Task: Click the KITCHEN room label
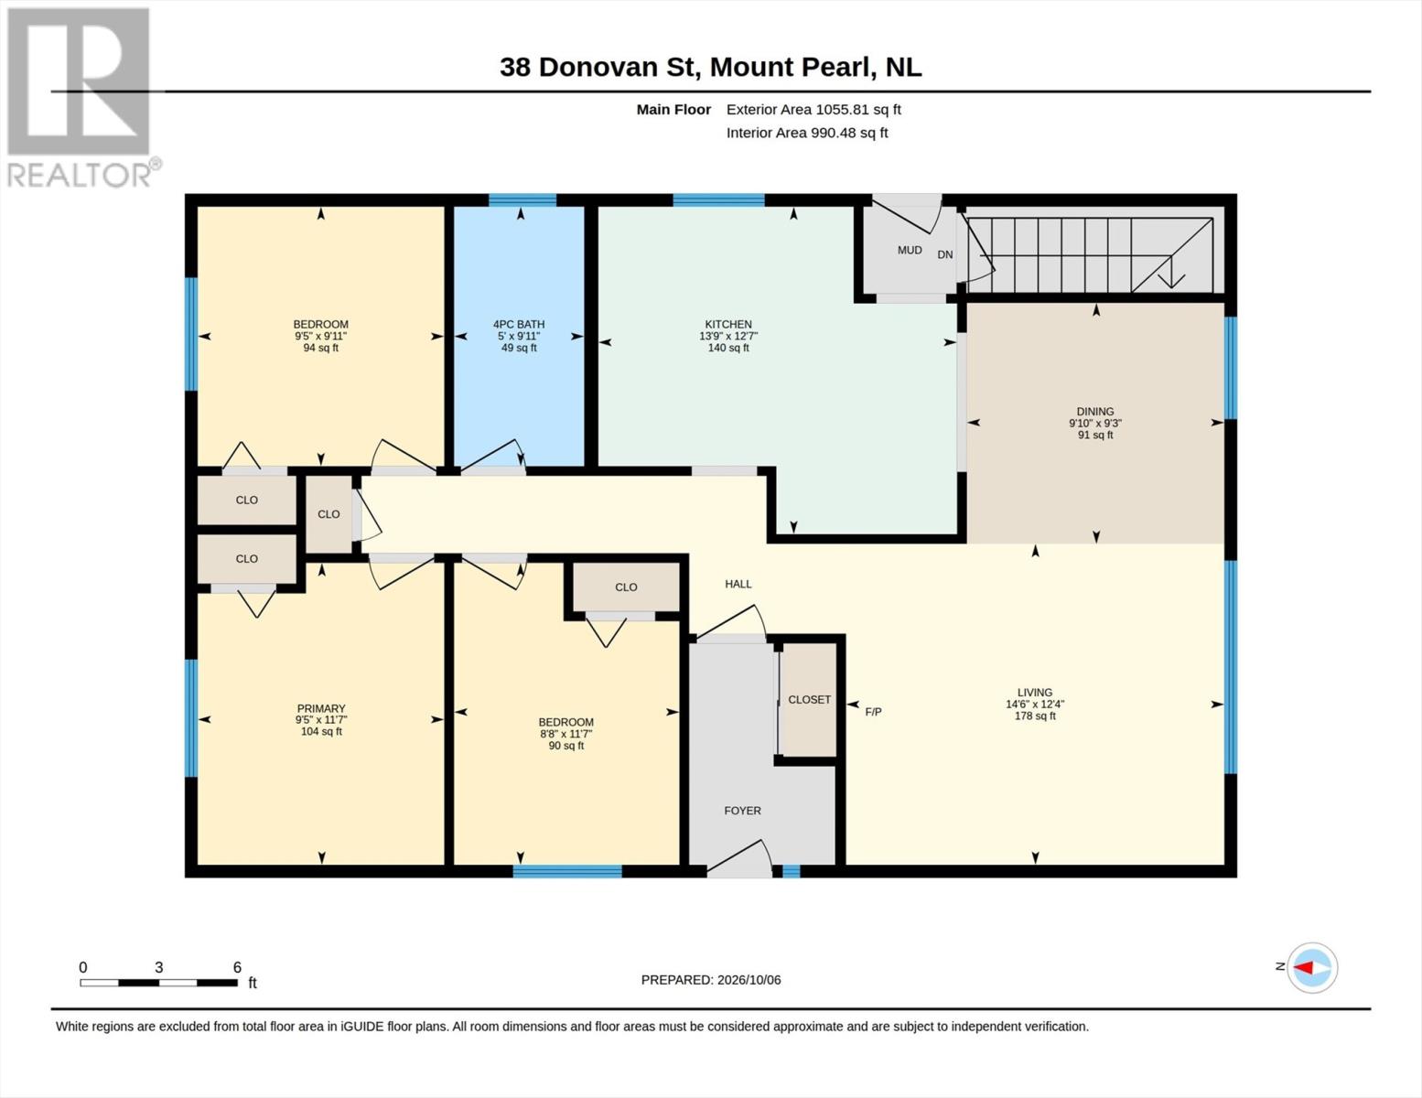727,324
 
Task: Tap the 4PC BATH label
518,324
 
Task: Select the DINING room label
1094,412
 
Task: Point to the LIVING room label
1035,693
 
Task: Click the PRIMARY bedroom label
320,708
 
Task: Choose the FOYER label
742,811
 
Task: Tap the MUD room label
910,250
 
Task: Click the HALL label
738,584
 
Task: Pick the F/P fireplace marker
873,712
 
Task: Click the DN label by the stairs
945,254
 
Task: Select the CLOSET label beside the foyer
810,699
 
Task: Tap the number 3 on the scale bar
158,967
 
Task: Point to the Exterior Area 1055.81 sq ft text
813,110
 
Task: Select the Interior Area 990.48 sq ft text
807,133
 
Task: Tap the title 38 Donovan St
600,67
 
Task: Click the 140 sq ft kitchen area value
727,348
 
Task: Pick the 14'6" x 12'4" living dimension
1035,704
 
